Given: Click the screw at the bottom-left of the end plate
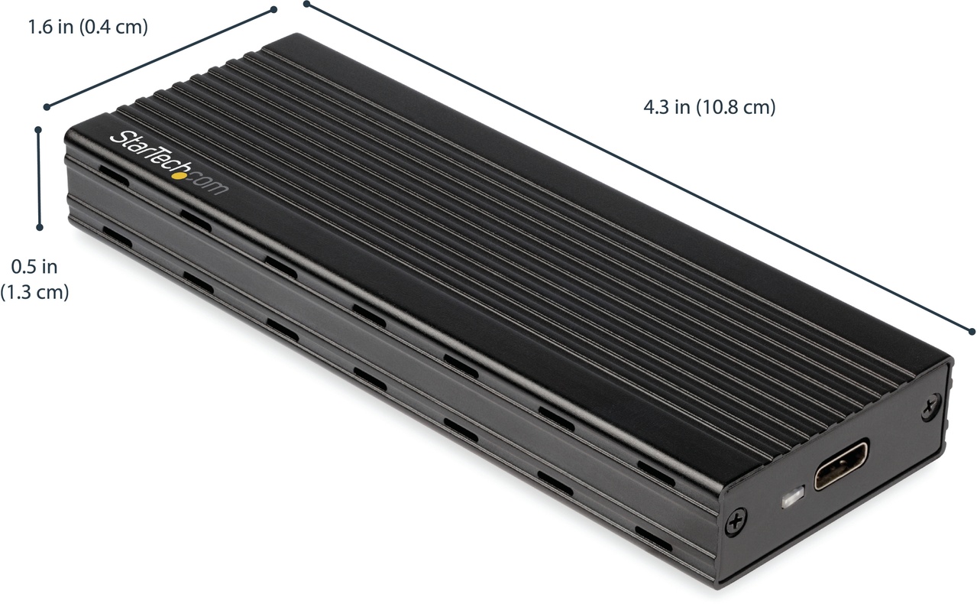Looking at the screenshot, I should pos(736,521).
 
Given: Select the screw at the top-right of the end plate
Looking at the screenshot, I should pos(932,406).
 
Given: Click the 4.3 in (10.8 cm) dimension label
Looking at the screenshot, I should pos(710,108).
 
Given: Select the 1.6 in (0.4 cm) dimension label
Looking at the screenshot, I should pos(87,28).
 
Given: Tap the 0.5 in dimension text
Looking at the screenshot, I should pos(34,267).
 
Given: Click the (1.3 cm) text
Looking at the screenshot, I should pos(34,292).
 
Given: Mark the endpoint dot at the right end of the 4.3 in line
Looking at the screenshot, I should pos(972,331).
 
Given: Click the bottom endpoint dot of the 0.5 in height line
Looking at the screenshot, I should pos(39,226).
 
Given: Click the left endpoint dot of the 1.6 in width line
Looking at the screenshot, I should pos(47,106).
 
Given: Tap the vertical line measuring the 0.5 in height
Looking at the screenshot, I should pos(39,178).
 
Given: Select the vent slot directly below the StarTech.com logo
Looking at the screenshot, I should pos(196,220).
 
